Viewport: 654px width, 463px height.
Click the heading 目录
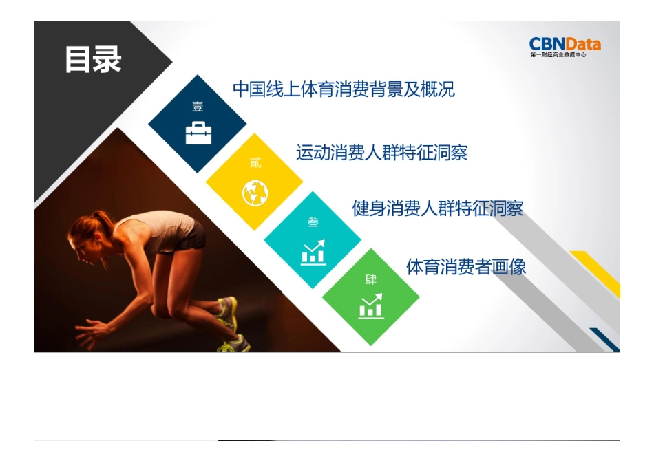pos(93,60)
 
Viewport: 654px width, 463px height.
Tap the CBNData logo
pos(565,45)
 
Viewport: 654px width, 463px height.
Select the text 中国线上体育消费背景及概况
pos(344,89)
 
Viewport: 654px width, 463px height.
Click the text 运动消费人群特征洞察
pos(381,152)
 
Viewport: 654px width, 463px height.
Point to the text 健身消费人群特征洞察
pos(437,208)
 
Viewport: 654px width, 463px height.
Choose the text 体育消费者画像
pos(466,267)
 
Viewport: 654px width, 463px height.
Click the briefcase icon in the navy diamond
pos(198,133)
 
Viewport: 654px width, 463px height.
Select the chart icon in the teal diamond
pos(313,252)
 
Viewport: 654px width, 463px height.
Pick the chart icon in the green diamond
pos(371,306)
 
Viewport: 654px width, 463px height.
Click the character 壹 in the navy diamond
pos(198,107)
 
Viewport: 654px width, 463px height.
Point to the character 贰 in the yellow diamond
pos(255,164)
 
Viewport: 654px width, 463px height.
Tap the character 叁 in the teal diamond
pos(313,222)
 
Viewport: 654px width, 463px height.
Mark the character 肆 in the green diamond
pos(371,280)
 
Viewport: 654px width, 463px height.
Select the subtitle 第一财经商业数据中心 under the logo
pos(558,55)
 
